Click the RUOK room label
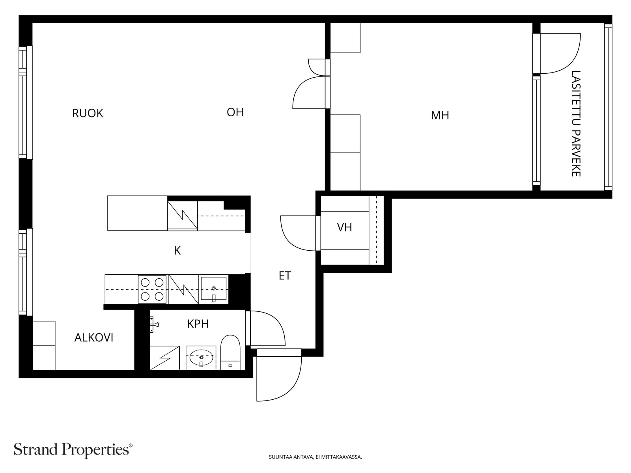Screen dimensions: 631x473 coord(88,114)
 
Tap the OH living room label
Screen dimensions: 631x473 coord(235,112)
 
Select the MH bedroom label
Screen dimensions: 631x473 coord(440,115)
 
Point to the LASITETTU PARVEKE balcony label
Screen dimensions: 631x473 coord(576,123)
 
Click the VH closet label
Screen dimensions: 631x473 coord(344,227)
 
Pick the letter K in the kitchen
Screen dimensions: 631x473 coord(177,251)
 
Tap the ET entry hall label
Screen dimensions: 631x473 coord(285,276)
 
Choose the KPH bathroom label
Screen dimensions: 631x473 coord(198,324)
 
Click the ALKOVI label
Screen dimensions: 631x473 coord(94,338)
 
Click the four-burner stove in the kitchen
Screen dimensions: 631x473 coord(152,289)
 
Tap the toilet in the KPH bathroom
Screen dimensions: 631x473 coord(230,352)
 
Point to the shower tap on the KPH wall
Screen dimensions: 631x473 coord(154,325)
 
